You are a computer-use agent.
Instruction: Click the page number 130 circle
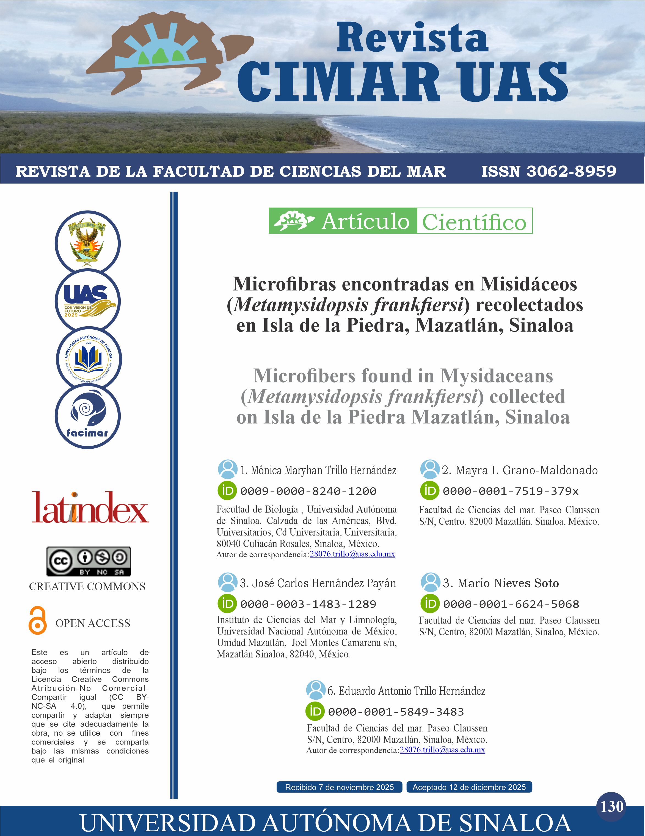coord(612,807)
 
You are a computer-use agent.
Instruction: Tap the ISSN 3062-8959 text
coord(548,172)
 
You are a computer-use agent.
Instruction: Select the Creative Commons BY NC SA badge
coord(89,561)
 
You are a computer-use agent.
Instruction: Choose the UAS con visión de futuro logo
coord(88,301)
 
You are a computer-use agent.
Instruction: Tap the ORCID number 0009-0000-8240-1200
coord(308,491)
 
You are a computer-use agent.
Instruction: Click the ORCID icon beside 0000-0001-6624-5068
coord(430,604)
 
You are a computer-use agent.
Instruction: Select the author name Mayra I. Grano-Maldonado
coord(519,470)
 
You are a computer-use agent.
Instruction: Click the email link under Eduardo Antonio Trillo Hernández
coord(442,749)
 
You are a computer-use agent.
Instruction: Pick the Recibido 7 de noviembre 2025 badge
coord(339,787)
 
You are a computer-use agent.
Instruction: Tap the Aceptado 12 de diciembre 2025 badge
coord(469,787)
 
